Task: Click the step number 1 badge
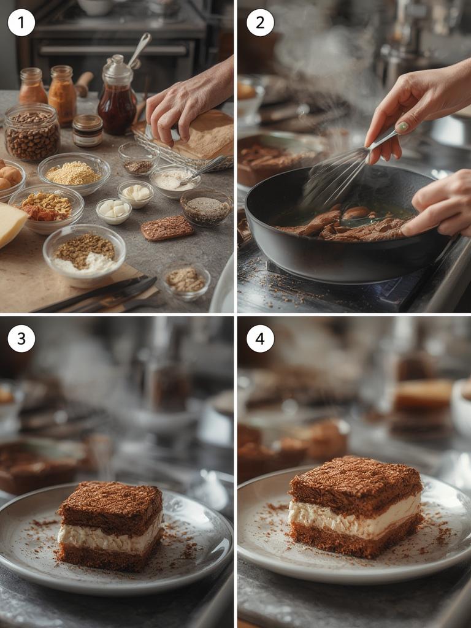[21, 23]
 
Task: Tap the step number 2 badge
[260, 23]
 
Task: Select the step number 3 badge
[21, 339]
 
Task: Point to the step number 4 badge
[260, 339]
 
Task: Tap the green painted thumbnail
[402, 127]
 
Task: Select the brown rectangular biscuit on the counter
[167, 228]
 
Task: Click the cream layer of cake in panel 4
[354, 516]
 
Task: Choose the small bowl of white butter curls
[136, 194]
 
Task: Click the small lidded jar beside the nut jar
[87, 131]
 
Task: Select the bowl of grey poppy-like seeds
[206, 207]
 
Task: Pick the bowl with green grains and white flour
[84, 252]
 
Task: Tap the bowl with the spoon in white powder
[175, 181]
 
